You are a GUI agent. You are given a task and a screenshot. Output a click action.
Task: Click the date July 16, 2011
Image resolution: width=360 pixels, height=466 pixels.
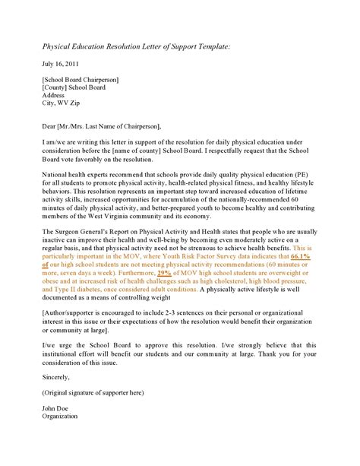click(x=60, y=63)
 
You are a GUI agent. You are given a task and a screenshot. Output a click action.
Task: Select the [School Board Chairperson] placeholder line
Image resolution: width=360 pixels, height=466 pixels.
click(x=81, y=80)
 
